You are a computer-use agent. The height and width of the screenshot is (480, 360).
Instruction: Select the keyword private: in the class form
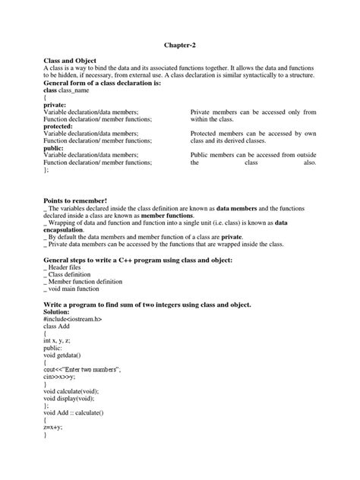[x=58, y=105]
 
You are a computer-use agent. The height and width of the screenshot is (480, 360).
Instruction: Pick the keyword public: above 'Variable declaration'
[x=57, y=148]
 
